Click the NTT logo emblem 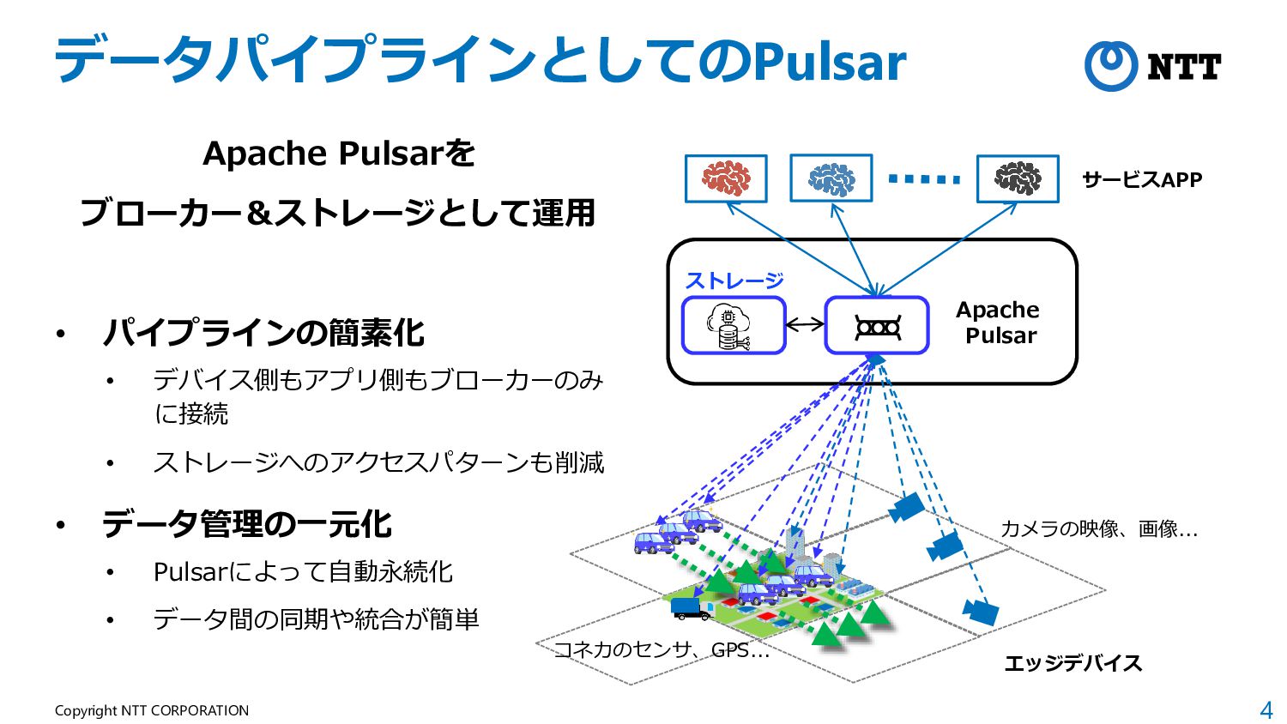coord(1111,66)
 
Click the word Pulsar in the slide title coord(829,61)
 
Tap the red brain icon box coord(726,178)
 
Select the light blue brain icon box coord(831,178)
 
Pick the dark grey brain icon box coord(1018,178)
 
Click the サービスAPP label coord(1142,180)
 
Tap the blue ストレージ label coord(734,281)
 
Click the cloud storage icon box coord(734,326)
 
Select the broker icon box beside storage coord(877,326)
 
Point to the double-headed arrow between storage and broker coord(805,325)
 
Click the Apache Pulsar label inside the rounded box coord(999,323)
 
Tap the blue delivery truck coord(691,609)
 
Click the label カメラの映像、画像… coord(1098,528)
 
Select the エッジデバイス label coord(1072,663)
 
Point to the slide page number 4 coord(1266,710)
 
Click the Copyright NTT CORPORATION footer coord(152,710)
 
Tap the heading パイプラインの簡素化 coord(263,333)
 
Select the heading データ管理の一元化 coord(247,524)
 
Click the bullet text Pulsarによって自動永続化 coord(303,571)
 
